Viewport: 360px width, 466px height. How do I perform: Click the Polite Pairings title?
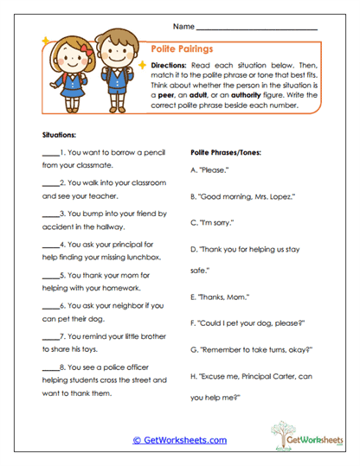coord(182,50)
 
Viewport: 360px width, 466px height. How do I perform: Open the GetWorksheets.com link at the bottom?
coord(180,440)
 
